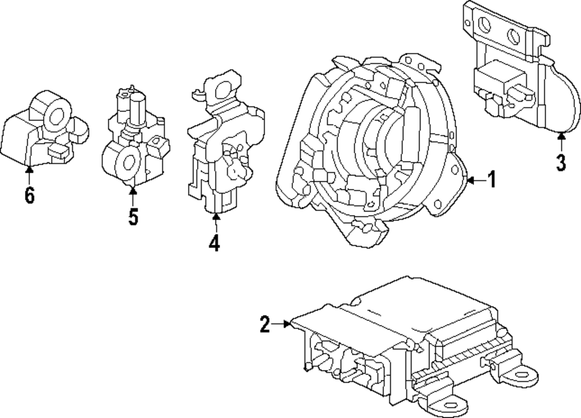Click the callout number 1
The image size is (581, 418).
pos(491,181)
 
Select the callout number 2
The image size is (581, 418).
pos(265,324)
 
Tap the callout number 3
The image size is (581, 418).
pos(560,162)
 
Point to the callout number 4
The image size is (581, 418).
pos(214,242)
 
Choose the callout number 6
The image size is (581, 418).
pos(29,195)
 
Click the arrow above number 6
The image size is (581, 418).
pos(29,169)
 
